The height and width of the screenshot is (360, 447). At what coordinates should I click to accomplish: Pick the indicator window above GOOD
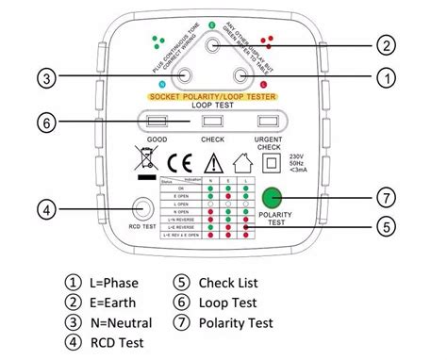pos(156,121)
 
